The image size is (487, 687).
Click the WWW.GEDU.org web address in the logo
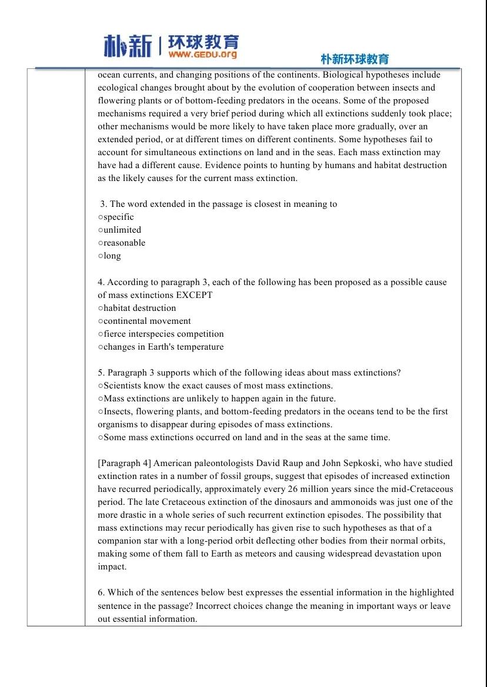[x=203, y=55]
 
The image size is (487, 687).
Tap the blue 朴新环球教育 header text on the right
[x=355, y=59]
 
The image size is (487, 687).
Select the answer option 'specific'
[x=118, y=217]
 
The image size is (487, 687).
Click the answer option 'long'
[x=112, y=256]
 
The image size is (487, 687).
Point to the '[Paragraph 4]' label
[x=124, y=463]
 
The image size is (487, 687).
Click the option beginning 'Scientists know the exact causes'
[x=218, y=386]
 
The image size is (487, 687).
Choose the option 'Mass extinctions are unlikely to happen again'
[x=219, y=398]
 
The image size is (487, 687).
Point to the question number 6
[x=101, y=592]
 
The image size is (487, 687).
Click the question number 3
[x=103, y=204]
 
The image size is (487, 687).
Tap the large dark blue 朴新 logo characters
[x=128, y=46]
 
